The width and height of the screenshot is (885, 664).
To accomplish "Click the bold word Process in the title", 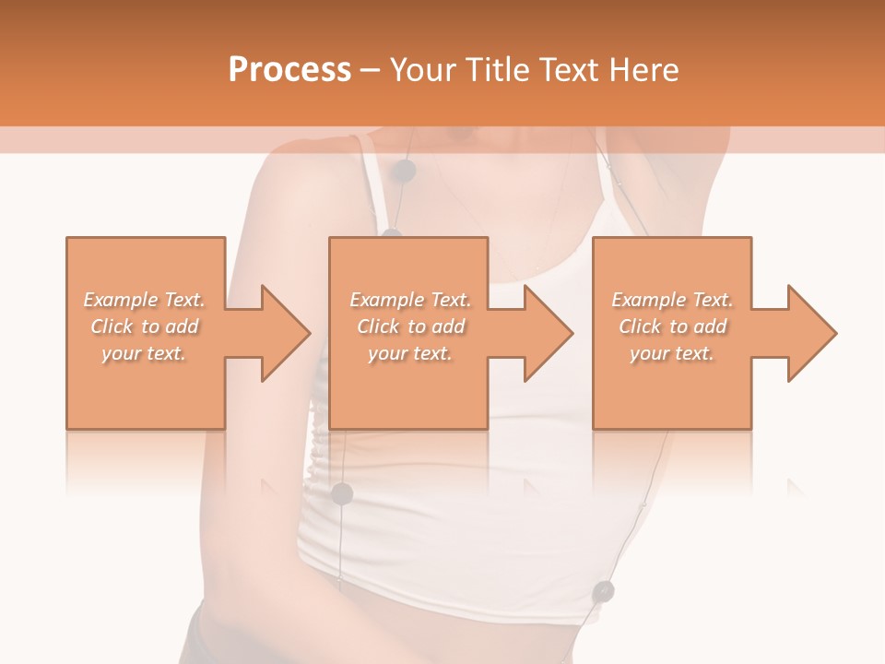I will point(289,70).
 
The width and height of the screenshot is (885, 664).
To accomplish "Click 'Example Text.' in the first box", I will point(144,300).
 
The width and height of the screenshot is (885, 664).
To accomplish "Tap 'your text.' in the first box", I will point(144,353).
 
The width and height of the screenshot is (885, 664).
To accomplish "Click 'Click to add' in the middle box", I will point(410,326).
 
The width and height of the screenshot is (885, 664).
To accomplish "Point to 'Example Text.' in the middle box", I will point(410,300).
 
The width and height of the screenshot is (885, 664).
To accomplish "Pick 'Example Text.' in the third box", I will point(672,300).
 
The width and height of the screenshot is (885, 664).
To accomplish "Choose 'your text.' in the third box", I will point(672,353).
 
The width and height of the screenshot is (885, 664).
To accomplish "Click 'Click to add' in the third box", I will point(672,326).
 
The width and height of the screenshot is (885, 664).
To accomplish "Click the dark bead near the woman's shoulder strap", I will point(404,171).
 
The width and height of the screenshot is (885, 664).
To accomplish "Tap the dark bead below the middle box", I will point(342,493).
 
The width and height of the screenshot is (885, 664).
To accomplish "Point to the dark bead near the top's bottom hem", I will point(604,590).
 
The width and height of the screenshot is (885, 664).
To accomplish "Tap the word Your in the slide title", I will point(421,70).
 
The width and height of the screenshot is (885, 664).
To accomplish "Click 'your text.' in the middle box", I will point(410,353).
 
